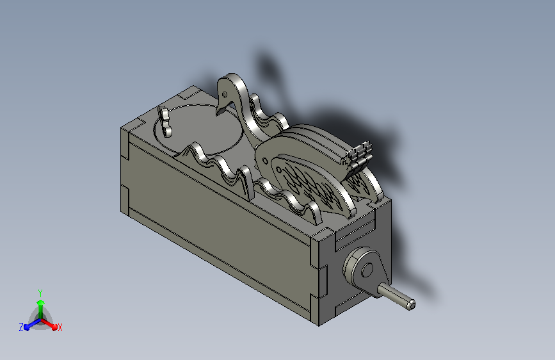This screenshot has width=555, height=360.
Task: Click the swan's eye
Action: point(225,95)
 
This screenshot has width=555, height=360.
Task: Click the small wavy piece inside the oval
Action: point(165,121)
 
